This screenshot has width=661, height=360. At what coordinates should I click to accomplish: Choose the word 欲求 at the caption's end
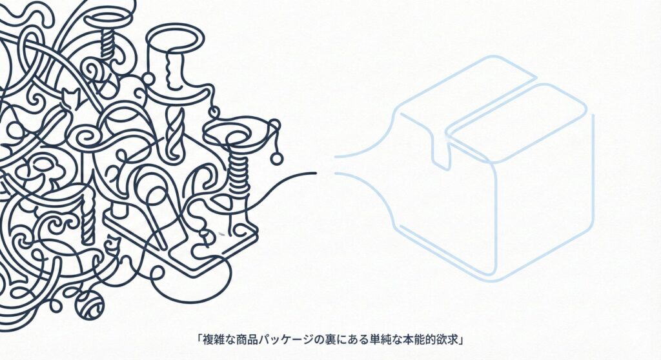(448, 340)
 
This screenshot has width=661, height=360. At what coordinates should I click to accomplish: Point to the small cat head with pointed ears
(70, 98)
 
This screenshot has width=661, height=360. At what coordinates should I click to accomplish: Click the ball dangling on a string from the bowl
(276, 158)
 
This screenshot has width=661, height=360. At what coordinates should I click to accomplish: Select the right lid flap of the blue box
(517, 122)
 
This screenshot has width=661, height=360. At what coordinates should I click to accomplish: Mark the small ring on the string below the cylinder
(214, 112)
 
